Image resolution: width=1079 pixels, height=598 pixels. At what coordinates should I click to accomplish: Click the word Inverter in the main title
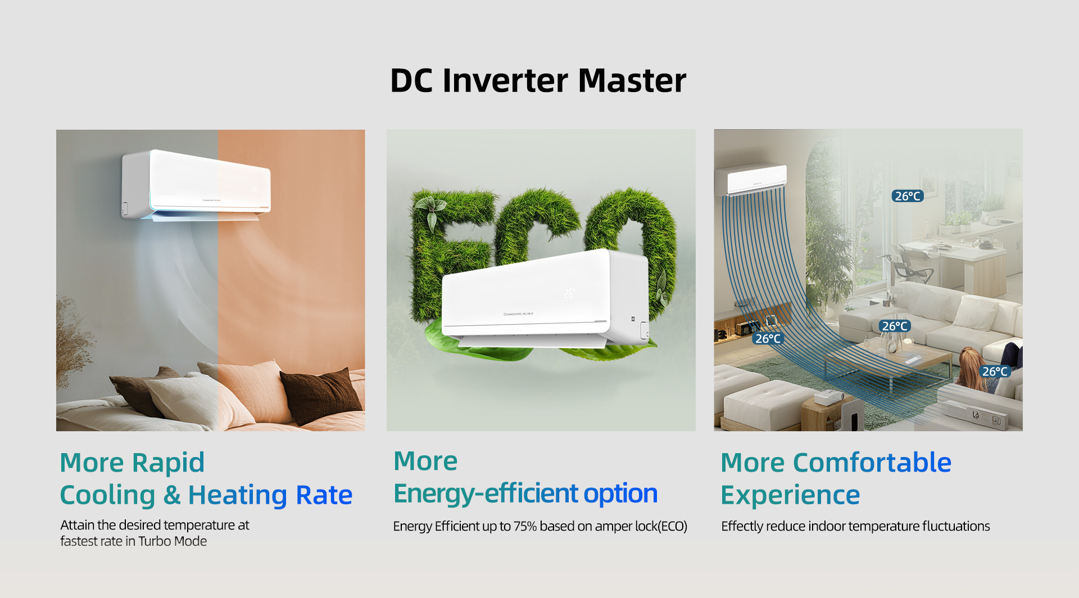pos(506,80)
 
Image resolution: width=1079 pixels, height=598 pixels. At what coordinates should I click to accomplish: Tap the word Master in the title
pos(632,80)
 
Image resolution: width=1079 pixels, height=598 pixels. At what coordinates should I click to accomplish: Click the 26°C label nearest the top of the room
pos(908,196)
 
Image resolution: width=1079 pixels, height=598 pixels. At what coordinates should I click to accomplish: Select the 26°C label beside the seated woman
pos(995,371)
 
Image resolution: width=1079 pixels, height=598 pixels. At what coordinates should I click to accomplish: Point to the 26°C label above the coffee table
pos(895,326)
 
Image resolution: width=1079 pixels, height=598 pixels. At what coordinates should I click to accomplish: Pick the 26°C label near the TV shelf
pos(768,339)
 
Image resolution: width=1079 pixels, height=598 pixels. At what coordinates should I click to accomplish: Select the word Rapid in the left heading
pos(168,463)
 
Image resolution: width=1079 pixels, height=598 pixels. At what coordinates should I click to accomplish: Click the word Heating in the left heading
pos(238,495)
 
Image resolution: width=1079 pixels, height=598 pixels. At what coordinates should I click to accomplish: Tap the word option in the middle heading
pos(620,494)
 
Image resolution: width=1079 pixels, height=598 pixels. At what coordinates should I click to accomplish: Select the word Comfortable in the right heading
pos(872,463)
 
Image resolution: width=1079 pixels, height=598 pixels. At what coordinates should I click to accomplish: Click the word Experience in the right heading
pos(790,495)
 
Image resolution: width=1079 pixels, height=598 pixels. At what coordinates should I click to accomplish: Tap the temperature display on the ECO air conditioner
pos(569,293)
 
